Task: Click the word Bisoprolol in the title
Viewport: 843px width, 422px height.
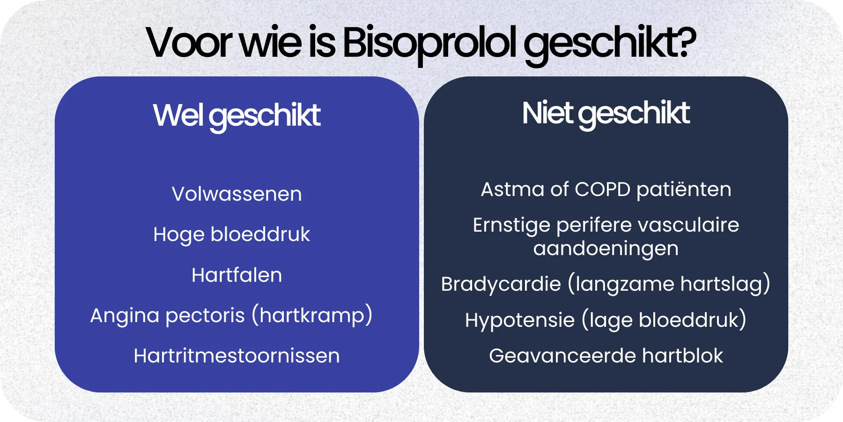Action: tap(429, 43)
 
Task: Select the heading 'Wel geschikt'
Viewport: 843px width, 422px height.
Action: tap(237, 115)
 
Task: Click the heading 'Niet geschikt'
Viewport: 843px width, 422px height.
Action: tap(606, 113)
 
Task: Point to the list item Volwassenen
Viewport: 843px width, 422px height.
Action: tap(237, 194)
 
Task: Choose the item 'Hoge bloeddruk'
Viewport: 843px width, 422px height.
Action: tap(231, 234)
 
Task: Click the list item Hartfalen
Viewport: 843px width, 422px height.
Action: tap(237, 275)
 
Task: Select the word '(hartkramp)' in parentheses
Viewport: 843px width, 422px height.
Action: tap(312, 316)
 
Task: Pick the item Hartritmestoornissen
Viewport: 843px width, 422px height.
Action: tap(237, 356)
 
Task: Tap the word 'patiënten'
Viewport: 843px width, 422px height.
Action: tap(684, 189)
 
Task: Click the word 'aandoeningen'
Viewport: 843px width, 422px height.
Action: tap(606, 249)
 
